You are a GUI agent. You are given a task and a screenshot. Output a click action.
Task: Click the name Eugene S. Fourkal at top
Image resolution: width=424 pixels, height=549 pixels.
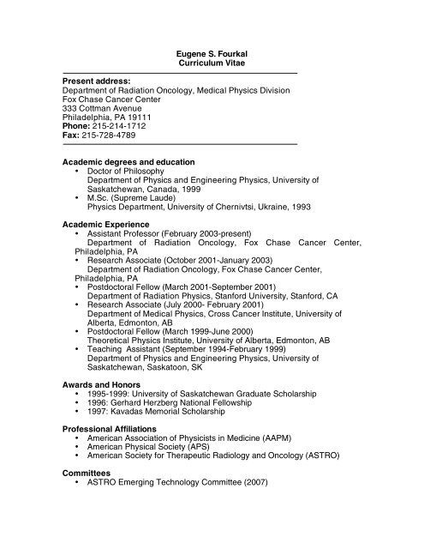point(211,53)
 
